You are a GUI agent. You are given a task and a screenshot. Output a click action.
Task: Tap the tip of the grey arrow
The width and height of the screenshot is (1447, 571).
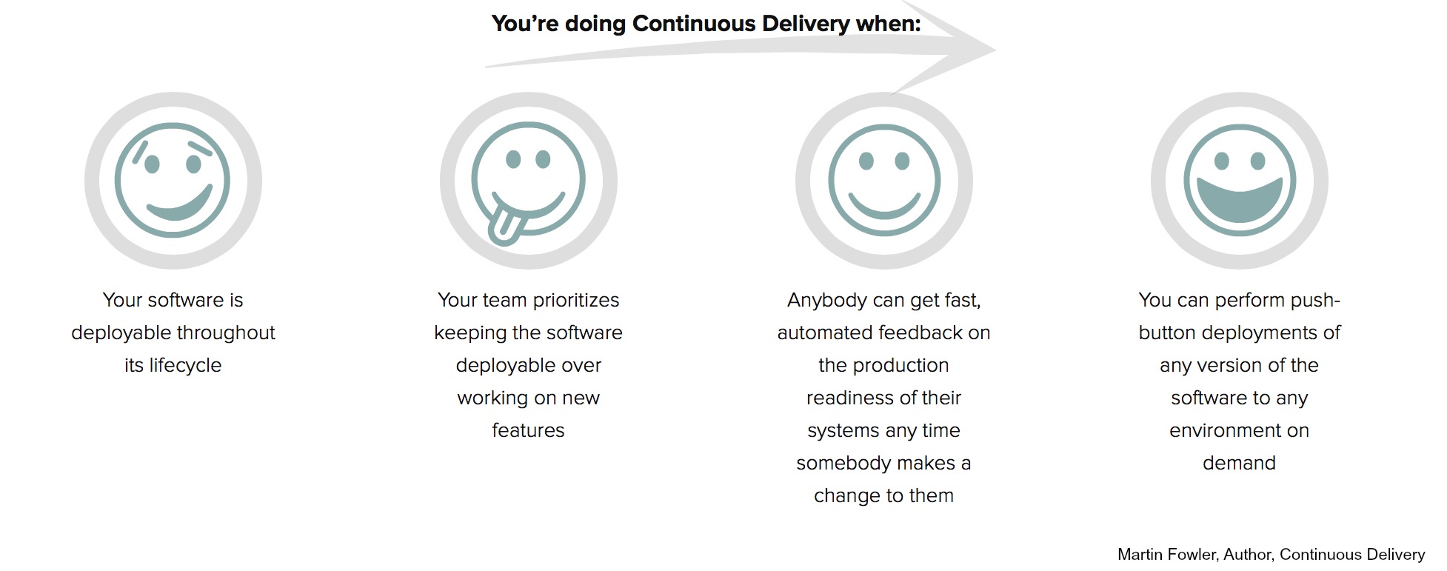point(996,50)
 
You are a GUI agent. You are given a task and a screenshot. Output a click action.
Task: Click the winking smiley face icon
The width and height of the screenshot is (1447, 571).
point(173,180)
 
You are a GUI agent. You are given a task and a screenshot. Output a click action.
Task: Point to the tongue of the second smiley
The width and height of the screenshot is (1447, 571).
point(505,224)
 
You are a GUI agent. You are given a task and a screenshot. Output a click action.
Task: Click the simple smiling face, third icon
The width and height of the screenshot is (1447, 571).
point(883,180)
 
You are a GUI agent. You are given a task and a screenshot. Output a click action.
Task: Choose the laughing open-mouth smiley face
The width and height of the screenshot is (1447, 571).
point(1239,180)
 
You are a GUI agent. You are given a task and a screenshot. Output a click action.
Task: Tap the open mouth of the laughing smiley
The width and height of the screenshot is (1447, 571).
point(1239,200)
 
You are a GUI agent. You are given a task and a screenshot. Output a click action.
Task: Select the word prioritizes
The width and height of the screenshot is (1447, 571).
point(575,300)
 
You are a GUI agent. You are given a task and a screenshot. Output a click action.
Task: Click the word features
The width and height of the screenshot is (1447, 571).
point(528,430)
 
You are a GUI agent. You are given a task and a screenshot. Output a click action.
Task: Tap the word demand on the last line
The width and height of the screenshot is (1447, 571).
point(1239,463)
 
